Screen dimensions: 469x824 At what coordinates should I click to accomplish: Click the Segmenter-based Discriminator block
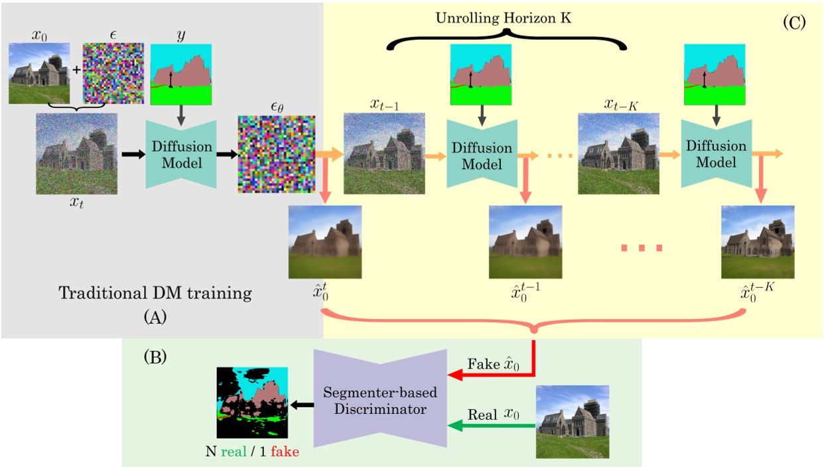click(x=381, y=401)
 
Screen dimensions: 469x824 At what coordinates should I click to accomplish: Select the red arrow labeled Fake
click(x=491, y=375)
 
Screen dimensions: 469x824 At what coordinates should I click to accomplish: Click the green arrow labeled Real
click(x=491, y=427)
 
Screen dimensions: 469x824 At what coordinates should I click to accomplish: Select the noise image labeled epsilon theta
click(x=274, y=154)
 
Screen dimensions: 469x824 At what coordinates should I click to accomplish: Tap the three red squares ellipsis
click(x=641, y=248)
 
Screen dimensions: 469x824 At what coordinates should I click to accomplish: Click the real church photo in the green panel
click(x=572, y=421)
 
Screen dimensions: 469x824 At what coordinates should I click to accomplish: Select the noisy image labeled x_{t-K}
click(x=614, y=154)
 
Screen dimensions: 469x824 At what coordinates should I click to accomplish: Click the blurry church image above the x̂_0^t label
click(x=325, y=241)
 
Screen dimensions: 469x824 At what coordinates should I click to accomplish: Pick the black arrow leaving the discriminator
click(x=302, y=403)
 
